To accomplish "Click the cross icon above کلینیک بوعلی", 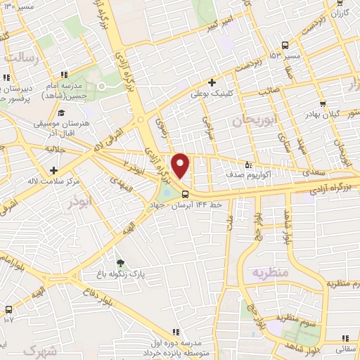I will pyautogui.click(x=212, y=82).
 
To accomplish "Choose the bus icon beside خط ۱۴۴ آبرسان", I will pyautogui.click(x=185, y=193).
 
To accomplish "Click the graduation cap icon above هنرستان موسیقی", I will pyautogui.click(x=61, y=112).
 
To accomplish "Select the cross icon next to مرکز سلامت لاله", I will pyautogui.click(x=53, y=169).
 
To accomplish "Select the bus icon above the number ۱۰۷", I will pyautogui.click(x=8, y=309).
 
